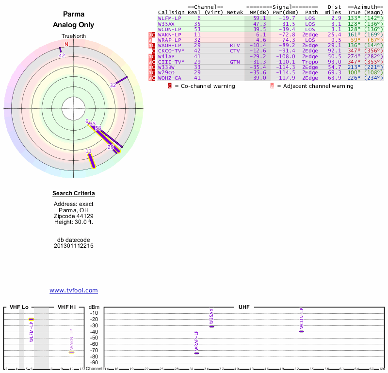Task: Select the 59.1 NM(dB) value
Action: pos(259,18)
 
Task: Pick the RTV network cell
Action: pos(235,45)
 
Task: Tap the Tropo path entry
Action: pos(311,62)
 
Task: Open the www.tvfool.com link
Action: pos(74,290)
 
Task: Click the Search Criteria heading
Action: pos(74,194)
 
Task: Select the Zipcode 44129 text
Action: pos(74,216)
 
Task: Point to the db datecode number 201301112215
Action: pos(74,246)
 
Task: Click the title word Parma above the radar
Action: pos(74,15)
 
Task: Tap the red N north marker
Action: pos(66,44)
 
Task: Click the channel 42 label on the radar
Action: pos(62,55)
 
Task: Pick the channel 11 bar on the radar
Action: pos(91,161)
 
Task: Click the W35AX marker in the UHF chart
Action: pos(211,326)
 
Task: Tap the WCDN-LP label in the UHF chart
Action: pos(301,317)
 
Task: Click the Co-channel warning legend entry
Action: pos(204,86)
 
